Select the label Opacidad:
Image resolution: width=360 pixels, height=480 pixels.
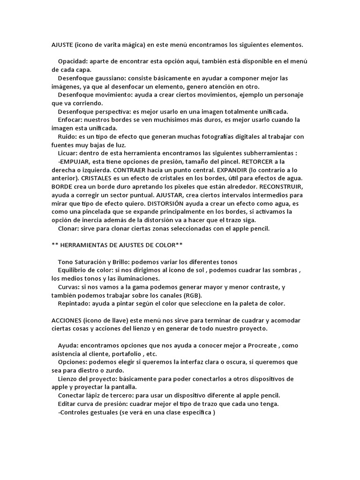[x=73, y=62]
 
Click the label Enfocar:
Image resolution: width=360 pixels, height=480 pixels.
[x=72, y=120]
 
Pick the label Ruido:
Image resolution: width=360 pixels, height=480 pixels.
[x=68, y=136]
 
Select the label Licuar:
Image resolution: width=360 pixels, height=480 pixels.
[x=68, y=153]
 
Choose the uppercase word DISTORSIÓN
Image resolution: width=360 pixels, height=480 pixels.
[x=169, y=203]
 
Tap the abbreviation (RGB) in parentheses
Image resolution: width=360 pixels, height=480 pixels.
[x=192, y=295]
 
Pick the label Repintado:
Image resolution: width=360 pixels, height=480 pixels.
[x=75, y=303]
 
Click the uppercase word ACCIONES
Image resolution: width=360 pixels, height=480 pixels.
[x=66, y=320]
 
